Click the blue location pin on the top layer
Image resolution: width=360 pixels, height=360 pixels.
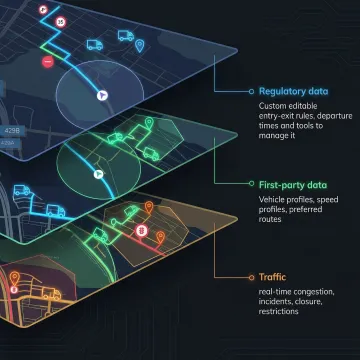[140, 45]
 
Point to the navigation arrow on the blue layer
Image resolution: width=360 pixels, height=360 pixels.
[102, 93]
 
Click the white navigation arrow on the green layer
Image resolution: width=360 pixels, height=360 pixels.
[98, 173]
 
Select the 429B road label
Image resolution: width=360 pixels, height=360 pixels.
[13, 130]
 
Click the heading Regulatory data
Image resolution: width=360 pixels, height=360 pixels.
[293, 89]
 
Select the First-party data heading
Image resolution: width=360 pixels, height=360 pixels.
[292, 185]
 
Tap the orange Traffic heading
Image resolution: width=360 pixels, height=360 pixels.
[272, 276]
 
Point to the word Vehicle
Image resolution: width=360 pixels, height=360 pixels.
[273, 200]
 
